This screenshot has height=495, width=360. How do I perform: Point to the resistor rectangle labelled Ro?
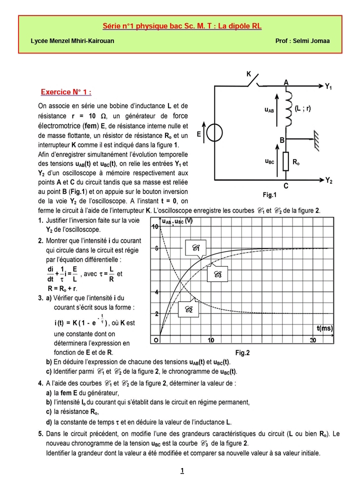[285, 161]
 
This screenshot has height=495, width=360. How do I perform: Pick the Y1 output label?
[328, 86]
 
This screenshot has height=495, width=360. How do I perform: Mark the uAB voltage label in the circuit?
[269, 109]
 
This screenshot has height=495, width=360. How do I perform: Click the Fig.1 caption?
[269, 194]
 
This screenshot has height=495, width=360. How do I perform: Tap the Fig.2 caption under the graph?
[242, 352]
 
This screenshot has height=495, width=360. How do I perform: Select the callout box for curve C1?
[195, 247]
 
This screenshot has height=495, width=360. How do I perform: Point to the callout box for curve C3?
[217, 274]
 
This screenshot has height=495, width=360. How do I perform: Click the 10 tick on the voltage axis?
[155, 226]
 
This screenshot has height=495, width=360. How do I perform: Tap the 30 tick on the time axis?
[313, 340]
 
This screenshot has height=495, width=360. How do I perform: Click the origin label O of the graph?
[155, 340]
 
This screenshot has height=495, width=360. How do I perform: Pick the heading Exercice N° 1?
[66, 92]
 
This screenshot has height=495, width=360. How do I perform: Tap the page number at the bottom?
[182, 470]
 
